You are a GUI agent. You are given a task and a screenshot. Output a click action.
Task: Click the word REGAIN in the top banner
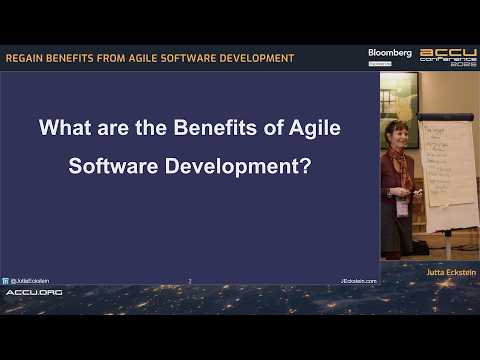pos(25,58)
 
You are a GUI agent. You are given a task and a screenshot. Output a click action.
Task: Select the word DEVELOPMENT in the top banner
pos(257,58)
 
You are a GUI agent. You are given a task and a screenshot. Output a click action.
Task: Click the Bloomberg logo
pos(390,53)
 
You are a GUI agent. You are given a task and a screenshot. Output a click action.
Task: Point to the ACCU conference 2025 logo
pos(448,57)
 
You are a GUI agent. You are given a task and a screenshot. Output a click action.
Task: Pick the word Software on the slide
pos(111,164)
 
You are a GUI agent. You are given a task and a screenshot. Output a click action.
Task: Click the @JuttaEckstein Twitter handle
pos(28,281)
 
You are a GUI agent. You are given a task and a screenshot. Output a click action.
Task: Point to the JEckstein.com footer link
pos(358,281)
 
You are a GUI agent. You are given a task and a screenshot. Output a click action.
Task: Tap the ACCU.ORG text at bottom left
pos(34,292)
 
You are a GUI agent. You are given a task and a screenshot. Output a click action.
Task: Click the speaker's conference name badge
pos(403,207)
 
